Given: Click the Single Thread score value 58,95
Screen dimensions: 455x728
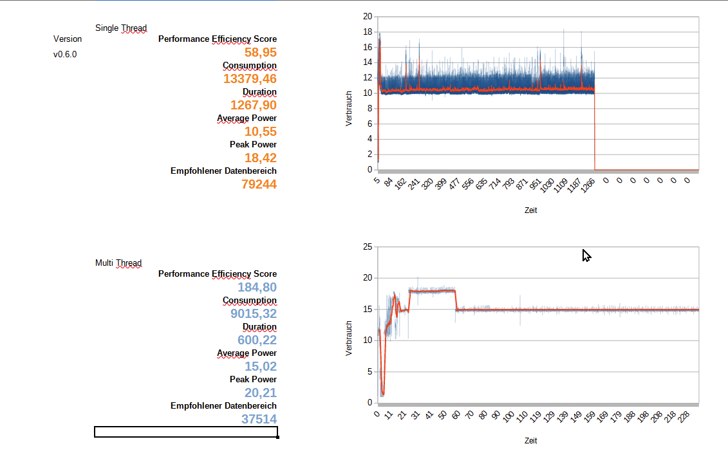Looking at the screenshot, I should pos(261,52).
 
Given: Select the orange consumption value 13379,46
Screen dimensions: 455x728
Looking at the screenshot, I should pos(250,79).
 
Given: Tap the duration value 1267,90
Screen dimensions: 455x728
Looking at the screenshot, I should pos(254,105).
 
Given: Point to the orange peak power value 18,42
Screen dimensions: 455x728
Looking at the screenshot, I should pos(261,158).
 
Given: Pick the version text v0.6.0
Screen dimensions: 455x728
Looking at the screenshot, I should pos(65,55).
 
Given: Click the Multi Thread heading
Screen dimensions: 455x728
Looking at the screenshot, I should pos(118,263).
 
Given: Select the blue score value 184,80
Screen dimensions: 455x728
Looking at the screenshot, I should pos(257,287).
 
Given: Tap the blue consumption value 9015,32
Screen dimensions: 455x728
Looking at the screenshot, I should pos(254,313).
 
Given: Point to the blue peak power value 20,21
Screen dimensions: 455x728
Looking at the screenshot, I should pos(261,393).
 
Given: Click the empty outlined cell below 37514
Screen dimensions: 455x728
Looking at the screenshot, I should pos(186,432).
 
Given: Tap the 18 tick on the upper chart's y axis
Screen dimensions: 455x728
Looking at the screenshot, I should pos(368,32).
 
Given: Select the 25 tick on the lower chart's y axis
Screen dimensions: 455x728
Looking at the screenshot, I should pos(368,246).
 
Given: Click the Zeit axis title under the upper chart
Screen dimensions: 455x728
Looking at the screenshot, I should pos(530,210).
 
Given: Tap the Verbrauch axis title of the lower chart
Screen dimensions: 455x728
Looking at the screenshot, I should pos(349,339).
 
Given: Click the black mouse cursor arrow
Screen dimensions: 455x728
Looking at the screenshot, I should pos(586,255).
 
